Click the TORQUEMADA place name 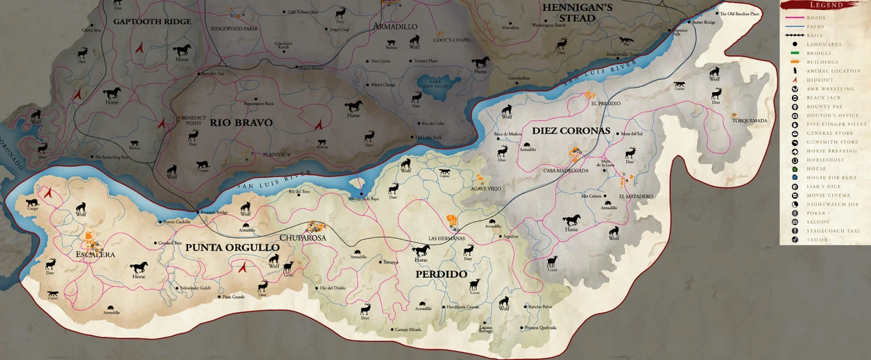[751, 121]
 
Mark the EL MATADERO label [635, 196]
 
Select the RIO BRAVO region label [241, 123]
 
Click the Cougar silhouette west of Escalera [32, 203]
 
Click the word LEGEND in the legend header [825, 5]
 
